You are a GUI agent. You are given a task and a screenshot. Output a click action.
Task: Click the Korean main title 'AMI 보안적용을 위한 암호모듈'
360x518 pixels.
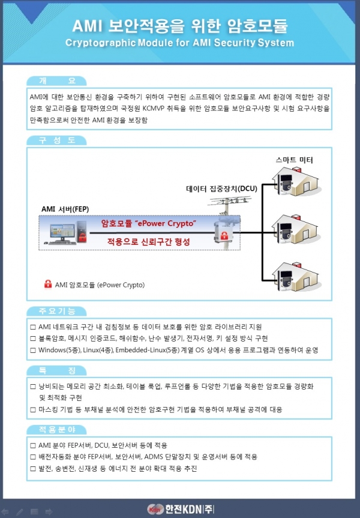click(179, 25)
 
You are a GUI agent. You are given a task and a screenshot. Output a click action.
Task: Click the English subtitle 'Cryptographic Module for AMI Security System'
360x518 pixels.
click(179, 43)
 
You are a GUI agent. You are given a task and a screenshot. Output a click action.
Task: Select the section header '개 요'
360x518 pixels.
click(56, 81)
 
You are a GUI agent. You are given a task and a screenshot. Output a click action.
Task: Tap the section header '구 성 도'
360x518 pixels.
click(56, 140)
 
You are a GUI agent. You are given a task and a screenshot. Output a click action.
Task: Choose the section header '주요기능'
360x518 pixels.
click(56, 311)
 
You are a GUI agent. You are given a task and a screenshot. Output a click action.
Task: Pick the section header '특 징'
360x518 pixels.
click(56, 370)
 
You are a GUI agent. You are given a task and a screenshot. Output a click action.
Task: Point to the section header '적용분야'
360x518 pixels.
click(56, 430)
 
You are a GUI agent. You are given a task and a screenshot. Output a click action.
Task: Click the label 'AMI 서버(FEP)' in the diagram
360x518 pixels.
click(65, 209)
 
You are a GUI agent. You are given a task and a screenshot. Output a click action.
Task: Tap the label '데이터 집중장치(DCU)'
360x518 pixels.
click(221, 188)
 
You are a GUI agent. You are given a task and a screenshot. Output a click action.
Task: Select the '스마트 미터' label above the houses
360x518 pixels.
click(294, 160)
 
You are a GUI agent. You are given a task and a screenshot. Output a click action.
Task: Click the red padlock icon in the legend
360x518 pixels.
click(48, 285)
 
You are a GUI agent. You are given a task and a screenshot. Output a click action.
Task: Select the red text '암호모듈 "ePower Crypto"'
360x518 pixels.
click(149, 224)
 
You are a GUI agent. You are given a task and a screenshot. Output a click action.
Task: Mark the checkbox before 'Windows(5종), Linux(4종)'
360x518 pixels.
click(33, 349)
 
